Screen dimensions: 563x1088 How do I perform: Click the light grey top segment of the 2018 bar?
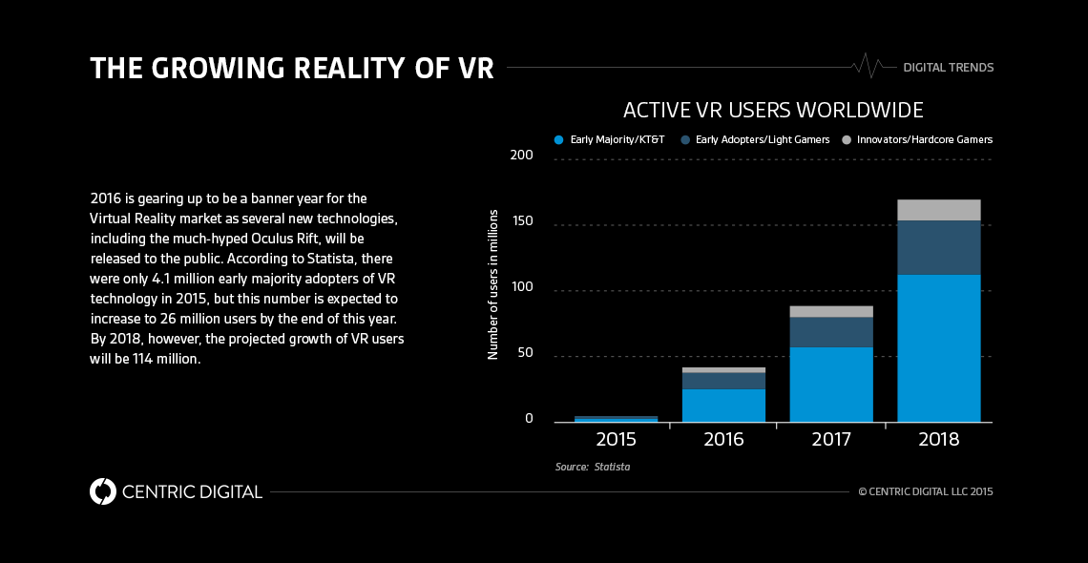pos(938,210)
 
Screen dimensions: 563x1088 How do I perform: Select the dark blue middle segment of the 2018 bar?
pos(938,247)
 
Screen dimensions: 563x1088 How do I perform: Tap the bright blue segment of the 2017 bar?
pos(831,384)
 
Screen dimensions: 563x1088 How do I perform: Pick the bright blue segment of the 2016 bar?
pos(723,405)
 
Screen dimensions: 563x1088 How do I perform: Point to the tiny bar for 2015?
pos(616,419)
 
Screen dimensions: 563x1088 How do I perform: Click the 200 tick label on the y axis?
pos(520,156)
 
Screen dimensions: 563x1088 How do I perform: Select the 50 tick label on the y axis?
pos(524,354)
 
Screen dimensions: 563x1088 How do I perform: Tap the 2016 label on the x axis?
pos(723,441)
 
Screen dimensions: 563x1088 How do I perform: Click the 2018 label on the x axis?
pos(938,441)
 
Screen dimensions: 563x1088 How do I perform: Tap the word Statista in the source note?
pos(612,468)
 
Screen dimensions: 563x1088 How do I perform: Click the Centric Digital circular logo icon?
pos(102,491)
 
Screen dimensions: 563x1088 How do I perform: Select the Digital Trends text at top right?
pos(948,68)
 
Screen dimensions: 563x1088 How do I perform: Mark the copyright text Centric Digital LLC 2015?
pos(926,492)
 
